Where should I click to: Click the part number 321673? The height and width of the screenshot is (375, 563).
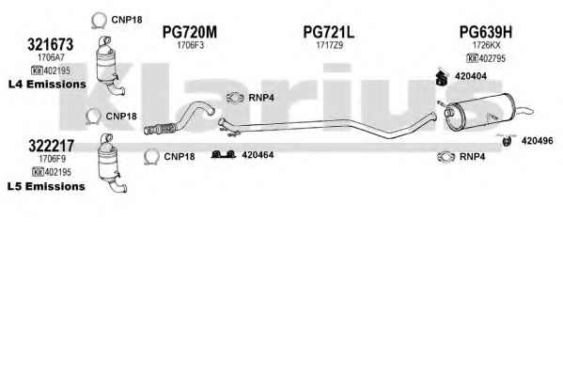coord(50,44)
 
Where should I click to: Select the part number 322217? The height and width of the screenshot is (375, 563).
coord(51,146)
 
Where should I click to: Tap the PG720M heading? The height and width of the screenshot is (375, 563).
coord(190,32)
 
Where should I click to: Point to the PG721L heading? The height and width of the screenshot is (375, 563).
coord(329,32)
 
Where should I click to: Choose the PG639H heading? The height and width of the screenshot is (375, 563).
coord(486,32)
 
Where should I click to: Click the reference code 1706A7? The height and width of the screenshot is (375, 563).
coord(51,57)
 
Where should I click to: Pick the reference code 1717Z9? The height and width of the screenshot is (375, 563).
coord(329,45)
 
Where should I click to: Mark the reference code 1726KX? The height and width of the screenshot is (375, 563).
coord(486,45)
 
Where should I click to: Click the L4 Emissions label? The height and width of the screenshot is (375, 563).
coord(47,84)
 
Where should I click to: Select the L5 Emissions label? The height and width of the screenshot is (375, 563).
coord(46,186)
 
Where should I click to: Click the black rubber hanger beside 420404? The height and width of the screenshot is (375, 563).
coord(441,77)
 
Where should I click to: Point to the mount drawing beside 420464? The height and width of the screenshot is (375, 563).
coord(224,155)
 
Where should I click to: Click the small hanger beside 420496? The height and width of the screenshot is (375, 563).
coord(507,140)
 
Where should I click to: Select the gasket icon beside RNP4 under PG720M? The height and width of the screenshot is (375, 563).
coord(235,98)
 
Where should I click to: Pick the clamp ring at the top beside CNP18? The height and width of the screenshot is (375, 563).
coord(99,20)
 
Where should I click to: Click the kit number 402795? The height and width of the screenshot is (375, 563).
coord(492,58)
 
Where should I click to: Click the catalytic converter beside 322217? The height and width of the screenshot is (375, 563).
coord(111,164)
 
